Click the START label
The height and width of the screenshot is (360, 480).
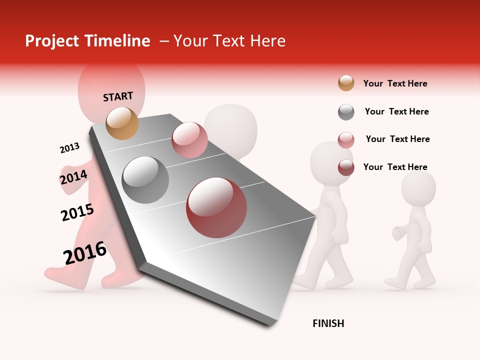tap(118, 96)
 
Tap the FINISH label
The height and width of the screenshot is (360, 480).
tap(328, 323)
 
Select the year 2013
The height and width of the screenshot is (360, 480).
tap(69, 148)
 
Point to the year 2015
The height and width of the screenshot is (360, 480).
tap(77, 212)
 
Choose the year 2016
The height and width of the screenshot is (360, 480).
tap(85, 253)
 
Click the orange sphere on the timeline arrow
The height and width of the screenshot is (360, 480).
tap(122, 123)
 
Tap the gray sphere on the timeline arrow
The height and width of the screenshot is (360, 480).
tap(145, 180)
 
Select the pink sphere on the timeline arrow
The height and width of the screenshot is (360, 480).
tap(189, 140)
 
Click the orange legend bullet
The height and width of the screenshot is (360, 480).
tap(346, 83)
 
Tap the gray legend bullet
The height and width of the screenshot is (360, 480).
tap(346, 112)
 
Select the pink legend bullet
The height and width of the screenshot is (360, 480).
tap(346, 139)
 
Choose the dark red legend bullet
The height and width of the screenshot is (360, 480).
tap(346, 167)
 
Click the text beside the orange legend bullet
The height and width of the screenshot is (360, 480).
tap(395, 83)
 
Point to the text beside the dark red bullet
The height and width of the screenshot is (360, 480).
tap(395, 167)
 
